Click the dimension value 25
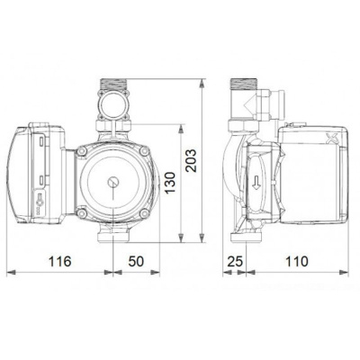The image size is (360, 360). pyautogui.click(x=236, y=262)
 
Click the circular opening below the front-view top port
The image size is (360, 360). pyautogui.click(x=114, y=113)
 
